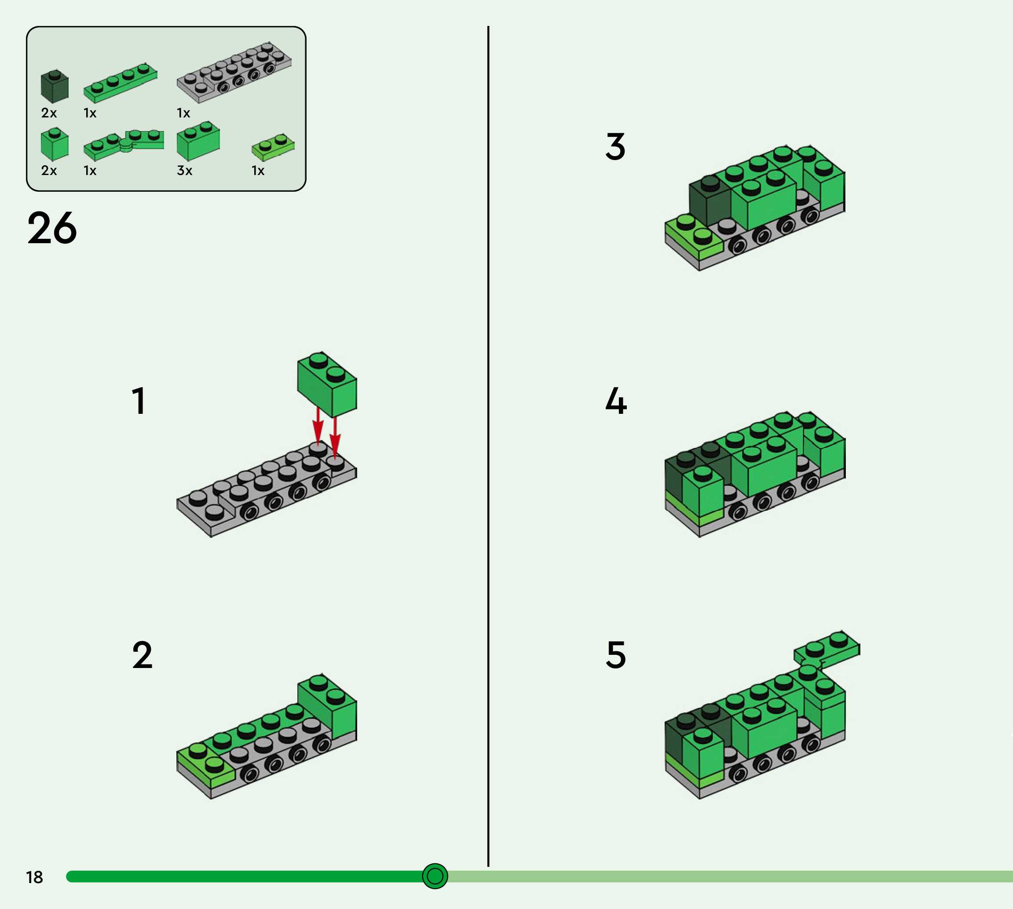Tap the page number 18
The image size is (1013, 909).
34,877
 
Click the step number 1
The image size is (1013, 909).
139,401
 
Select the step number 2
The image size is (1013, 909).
143,655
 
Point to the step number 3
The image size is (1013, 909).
615,146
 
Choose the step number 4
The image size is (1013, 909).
616,401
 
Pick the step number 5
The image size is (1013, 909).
616,655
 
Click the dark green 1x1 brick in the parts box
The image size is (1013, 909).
55,87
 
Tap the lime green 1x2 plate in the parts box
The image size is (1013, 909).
273,147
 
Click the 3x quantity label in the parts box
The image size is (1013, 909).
184,171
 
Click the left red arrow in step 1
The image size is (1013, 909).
318,424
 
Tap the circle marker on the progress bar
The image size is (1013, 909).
435,876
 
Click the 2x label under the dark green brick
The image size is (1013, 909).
49,113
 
